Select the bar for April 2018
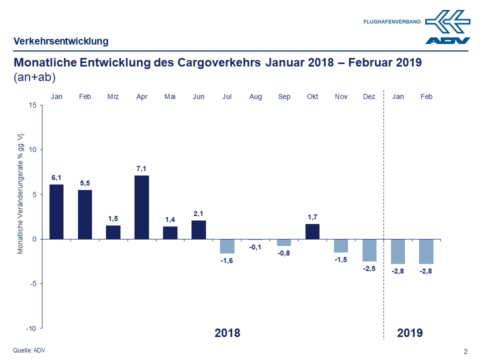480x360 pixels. tap(141, 207)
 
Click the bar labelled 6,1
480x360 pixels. tap(56, 211)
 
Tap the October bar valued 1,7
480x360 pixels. tap(312, 231)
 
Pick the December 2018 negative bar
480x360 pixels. tap(369, 250)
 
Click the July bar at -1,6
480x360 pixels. tap(227, 246)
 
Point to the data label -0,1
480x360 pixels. tap(255, 247)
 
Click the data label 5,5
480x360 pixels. tap(85, 183)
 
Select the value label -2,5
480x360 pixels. tap(369, 269)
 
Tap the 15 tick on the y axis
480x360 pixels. tap(32, 105)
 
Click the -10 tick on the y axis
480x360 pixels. tap(31, 328)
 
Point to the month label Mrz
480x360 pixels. tap(113, 96)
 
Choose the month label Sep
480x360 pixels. tap(284, 96)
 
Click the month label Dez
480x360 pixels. tap(369, 96)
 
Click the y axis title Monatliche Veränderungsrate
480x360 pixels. tap(21, 193)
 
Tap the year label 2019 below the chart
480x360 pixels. tap(410, 333)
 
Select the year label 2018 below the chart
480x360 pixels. tap(227, 333)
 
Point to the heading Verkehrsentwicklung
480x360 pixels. tap(61, 41)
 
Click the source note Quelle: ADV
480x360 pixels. tap(29, 350)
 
